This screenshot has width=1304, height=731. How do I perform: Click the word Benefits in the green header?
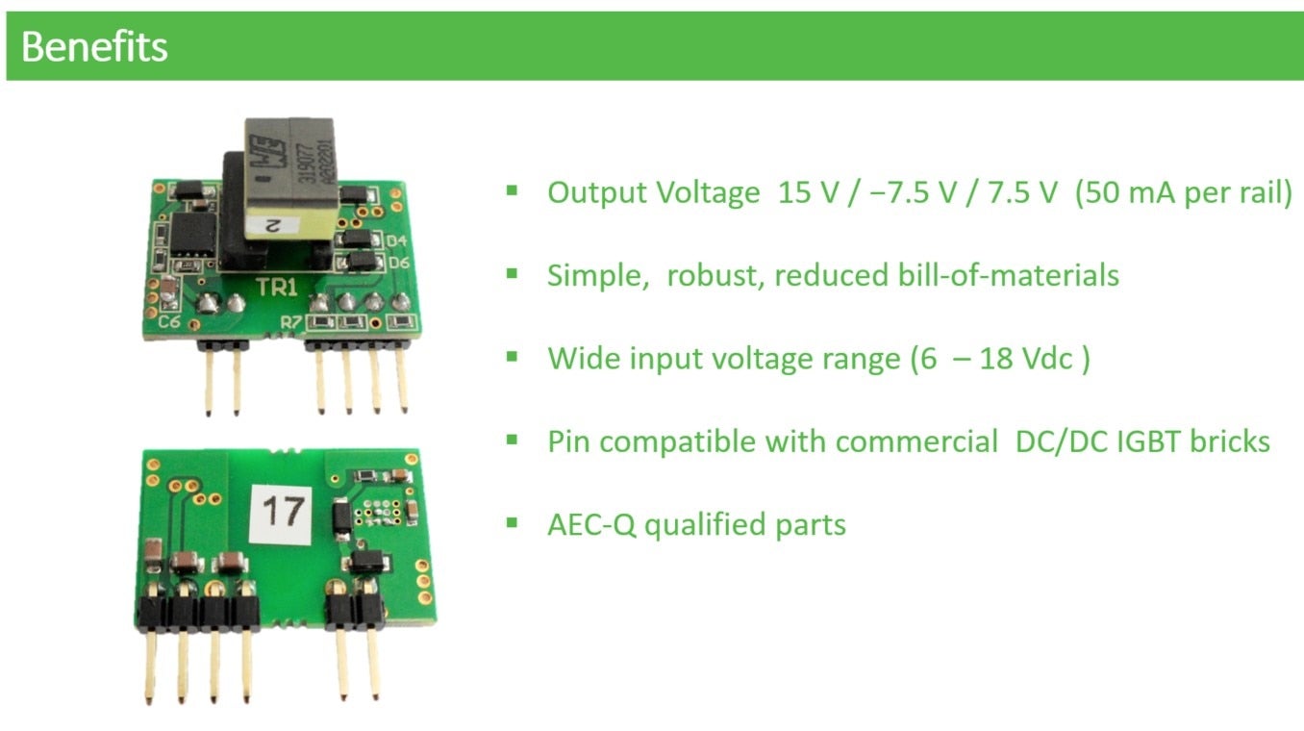94,46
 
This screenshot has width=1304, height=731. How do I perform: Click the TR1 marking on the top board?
277,286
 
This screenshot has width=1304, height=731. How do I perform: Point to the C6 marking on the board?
170,322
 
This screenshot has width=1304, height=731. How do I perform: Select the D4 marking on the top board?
396,240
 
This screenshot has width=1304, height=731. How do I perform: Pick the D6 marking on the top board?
396,263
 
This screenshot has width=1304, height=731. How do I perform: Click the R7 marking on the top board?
290,322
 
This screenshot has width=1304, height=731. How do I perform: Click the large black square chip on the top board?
192,234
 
